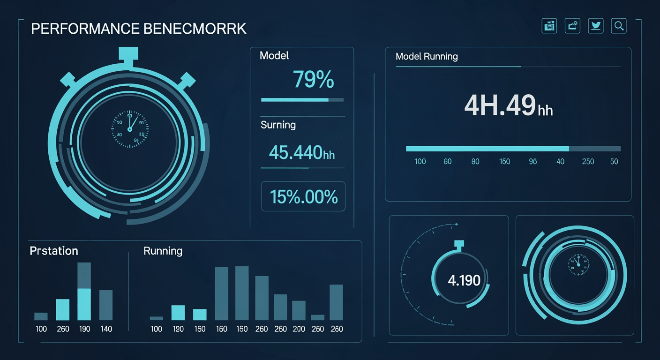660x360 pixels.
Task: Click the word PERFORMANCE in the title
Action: [84, 29]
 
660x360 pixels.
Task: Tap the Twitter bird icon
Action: [596, 26]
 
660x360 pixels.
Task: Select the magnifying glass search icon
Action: [619, 26]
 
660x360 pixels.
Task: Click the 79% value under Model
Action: [313, 80]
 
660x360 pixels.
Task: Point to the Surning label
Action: [278, 125]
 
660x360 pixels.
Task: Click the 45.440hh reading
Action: [302, 153]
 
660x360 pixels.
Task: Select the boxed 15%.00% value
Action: [303, 197]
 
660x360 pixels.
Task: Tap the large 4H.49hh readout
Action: [508, 106]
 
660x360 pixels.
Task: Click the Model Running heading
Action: [427, 57]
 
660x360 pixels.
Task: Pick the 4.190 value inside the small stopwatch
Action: [464, 281]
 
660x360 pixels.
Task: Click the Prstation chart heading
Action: [53, 251]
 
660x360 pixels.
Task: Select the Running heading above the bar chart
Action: [163, 251]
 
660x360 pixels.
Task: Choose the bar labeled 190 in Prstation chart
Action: [84, 292]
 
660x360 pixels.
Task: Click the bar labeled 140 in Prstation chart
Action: [106, 305]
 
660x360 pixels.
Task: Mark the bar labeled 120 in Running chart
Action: [178, 313]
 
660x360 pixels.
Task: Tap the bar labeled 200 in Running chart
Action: [299, 310]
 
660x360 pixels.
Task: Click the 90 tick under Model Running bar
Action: [532, 162]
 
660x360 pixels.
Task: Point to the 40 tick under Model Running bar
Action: [560, 162]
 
